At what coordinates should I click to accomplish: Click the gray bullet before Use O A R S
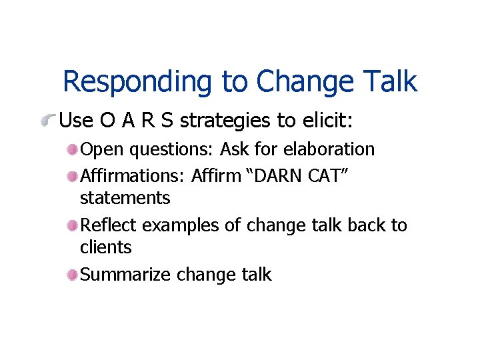49,121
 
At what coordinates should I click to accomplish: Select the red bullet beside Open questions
72,150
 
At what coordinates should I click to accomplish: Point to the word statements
125,198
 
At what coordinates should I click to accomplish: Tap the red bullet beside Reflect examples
72,226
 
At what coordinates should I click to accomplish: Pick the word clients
105,247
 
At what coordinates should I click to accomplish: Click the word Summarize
125,275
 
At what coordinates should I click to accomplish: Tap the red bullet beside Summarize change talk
72,275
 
